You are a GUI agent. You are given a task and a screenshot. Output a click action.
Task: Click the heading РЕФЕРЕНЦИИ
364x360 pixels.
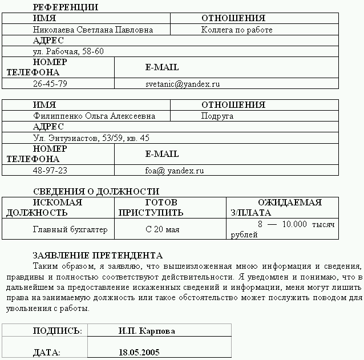coord(66,7)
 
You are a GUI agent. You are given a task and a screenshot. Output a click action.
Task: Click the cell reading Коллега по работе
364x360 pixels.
coord(237,30)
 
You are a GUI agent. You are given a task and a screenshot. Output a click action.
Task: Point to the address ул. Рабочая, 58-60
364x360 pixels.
coord(68,51)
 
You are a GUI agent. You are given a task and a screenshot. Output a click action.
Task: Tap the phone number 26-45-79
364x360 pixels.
coord(50,84)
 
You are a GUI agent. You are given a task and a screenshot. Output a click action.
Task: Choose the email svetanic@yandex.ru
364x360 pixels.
coord(183,84)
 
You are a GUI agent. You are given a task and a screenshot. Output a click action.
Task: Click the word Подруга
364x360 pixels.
coord(217,116)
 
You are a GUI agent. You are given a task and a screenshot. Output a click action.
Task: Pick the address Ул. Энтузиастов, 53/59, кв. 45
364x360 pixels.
coord(91,138)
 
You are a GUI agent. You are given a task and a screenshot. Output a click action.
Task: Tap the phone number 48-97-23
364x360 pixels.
coord(50,171)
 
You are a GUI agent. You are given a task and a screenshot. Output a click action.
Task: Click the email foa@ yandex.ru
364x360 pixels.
coord(175,171)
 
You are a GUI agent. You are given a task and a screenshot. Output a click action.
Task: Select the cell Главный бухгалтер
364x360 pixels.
coord(70,229)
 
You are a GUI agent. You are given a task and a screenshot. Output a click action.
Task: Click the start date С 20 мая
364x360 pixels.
coord(163,229)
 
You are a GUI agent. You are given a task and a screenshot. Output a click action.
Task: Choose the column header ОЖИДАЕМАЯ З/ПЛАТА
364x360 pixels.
coord(277,208)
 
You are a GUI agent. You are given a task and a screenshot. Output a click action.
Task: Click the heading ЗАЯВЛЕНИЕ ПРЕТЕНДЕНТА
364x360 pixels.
coord(98,256)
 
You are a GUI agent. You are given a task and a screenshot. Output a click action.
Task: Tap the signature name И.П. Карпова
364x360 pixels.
coord(147,331)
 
